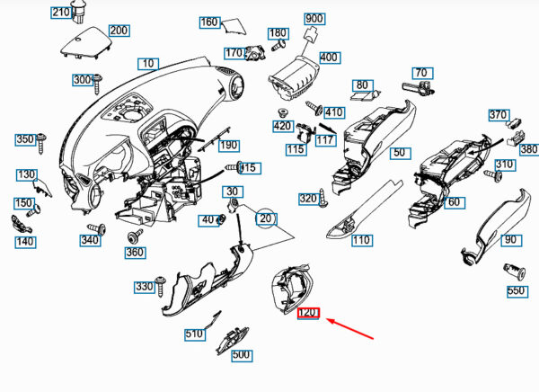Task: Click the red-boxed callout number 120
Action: pyautogui.click(x=308, y=313)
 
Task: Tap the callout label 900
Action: pyautogui.click(x=314, y=19)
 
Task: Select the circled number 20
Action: pyautogui.click(x=266, y=218)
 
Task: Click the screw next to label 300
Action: pyautogui.click(x=97, y=84)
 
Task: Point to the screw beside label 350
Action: pyautogui.click(x=42, y=143)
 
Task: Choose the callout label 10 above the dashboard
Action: pyautogui.click(x=148, y=64)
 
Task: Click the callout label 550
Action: pyautogui.click(x=517, y=291)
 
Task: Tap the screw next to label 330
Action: pyautogui.click(x=160, y=286)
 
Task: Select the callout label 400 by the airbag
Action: pyautogui.click(x=330, y=58)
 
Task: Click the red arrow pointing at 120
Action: pyautogui.click(x=349, y=329)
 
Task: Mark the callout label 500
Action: pyautogui.click(x=242, y=355)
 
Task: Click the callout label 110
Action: pyautogui.click(x=362, y=240)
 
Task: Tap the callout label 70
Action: pyautogui.click(x=422, y=74)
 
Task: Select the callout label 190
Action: pyautogui.click(x=229, y=146)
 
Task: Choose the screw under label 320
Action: pyautogui.click(x=323, y=198)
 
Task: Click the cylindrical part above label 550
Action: pyautogui.click(x=514, y=272)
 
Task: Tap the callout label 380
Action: pyautogui.click(x=529, y=149)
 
